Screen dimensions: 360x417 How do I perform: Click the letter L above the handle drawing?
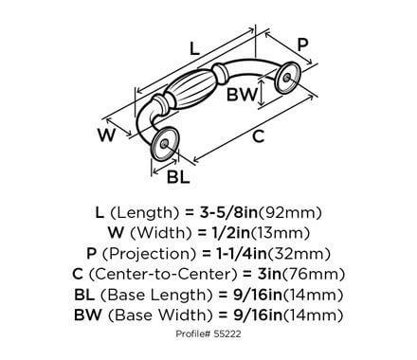[x=195, y=47]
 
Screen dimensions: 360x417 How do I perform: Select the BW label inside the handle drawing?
[x=240, y=95]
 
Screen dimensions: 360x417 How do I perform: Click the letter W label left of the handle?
[x=111, y=135]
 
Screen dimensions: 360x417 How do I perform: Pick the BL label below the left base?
[x=177, y=175]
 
